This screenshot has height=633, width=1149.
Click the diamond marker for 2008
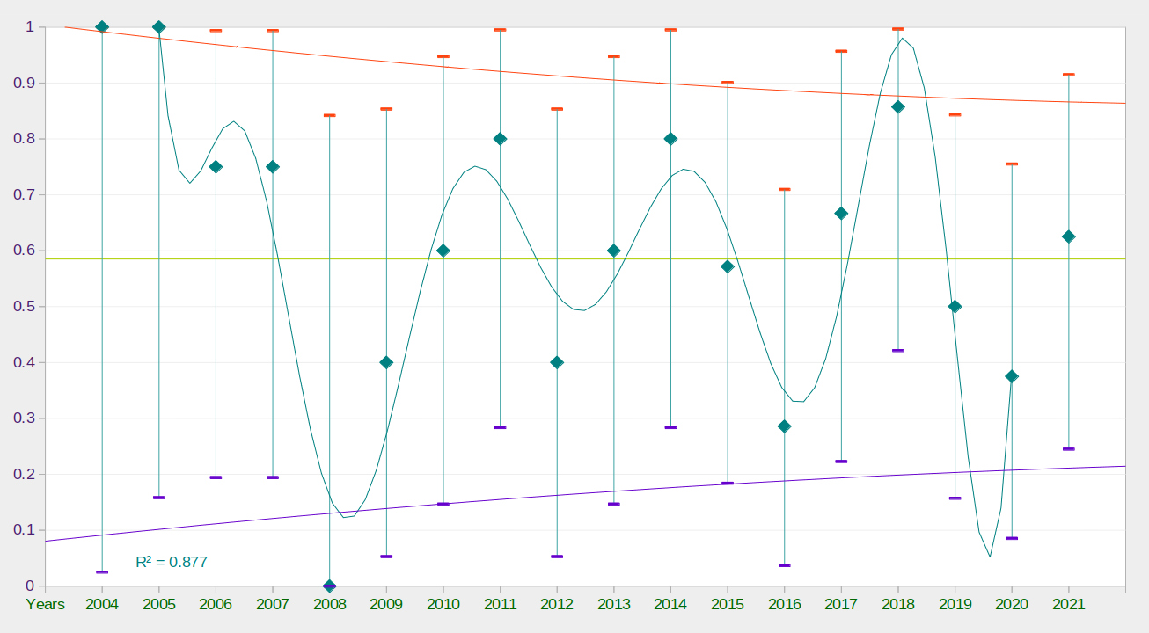point(330,586)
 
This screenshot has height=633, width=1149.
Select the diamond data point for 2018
point(898,107)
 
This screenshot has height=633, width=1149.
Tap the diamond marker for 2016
point(785,426)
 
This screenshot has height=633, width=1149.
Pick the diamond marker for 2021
point(1069,236)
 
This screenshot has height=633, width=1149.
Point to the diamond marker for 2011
point(501,139)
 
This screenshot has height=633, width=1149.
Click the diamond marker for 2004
point(102,27)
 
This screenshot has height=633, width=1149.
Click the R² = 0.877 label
point(172,562)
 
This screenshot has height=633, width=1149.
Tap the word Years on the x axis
point(46,604)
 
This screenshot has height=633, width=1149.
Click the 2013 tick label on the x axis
point(614,604)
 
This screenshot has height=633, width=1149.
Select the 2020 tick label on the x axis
point(1012,604)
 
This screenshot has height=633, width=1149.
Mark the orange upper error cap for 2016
point(785,189)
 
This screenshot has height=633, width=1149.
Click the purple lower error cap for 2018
point(898,350)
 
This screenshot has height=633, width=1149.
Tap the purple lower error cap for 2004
point(102,571)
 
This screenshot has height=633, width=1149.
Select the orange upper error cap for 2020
point(1012,164)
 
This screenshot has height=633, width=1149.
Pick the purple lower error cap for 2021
point(1069,448)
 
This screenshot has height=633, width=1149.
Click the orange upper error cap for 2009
point(386,109)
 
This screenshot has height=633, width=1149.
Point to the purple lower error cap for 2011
point(501,427)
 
